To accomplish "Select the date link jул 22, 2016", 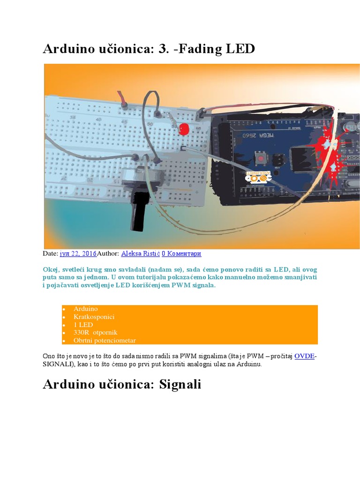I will (78, 254).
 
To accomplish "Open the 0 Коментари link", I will (181, 254).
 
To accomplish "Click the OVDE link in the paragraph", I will (304, 356).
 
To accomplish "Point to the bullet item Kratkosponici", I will (94, 317).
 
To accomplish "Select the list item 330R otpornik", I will (92, 332).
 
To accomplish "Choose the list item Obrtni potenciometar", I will (105, 340).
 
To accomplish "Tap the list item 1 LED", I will (83, 325).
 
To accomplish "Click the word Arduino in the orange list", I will (85, 309).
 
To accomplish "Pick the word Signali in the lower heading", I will (180, 384).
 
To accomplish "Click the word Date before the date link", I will (50, 254).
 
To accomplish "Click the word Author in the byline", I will (107, 254).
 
